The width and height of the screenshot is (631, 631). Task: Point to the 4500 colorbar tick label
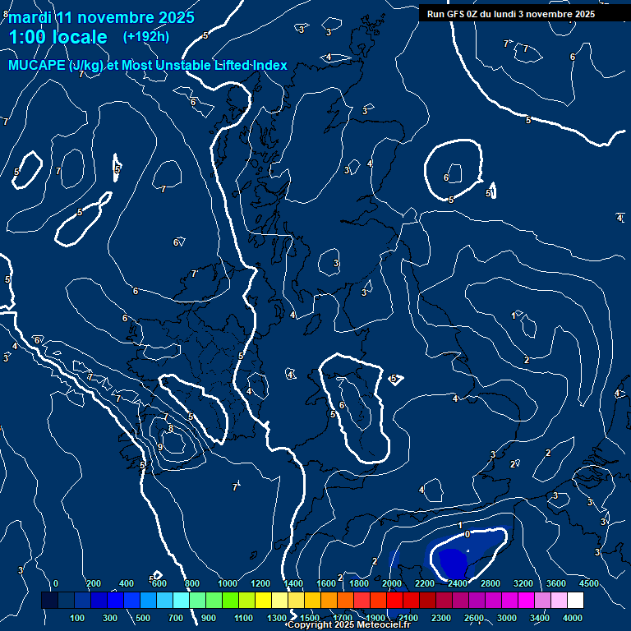588,583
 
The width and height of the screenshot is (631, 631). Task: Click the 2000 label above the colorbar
392,583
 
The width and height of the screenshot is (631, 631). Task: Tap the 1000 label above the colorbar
228,583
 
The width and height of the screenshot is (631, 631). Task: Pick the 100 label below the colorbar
78,618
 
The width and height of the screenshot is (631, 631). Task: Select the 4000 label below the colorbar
573,618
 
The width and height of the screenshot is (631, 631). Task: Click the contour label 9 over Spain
159,447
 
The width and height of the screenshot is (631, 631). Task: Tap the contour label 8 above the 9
170,428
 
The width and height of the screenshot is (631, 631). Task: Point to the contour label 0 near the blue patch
467,534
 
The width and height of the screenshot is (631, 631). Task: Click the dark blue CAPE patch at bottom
452,560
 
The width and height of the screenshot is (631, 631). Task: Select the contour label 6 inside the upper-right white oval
446,177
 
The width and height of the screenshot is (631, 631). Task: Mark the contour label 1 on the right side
514,315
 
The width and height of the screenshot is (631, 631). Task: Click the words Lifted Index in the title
246,66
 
